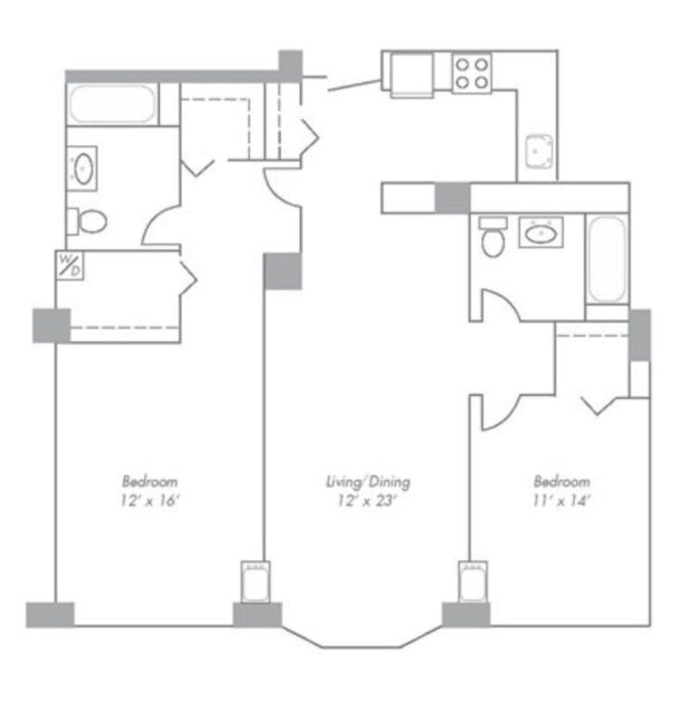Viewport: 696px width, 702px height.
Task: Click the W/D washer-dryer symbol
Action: pos(69,266)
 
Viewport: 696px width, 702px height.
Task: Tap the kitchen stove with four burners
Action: pos(471,73)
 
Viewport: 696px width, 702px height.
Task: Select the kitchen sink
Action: pos(539,152)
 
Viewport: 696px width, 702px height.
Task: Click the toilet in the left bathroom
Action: pos(87,221)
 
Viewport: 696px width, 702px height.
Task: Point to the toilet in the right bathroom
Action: pos(493,237)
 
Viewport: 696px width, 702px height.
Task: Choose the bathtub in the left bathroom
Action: pos(113,104)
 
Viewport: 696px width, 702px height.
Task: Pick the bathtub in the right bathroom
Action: pos(607,259)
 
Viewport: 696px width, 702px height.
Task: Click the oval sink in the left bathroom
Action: pos(83,168)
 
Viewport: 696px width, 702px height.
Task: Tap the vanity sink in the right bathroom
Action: pos(541,232)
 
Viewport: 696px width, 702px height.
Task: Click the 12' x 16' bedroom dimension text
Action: pos(150,501)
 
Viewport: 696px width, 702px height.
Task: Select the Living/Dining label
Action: pos(368,482)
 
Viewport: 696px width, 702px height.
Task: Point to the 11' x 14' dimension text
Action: pos(561,501)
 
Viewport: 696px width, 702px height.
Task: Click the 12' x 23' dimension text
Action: pos(368,501)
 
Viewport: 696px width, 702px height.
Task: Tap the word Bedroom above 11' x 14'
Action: pos(561,482)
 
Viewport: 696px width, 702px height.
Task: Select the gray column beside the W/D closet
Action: pos(51,326)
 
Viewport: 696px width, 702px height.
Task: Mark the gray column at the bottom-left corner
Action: pos(51,615)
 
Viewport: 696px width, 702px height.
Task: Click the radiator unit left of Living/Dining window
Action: pos(255,582)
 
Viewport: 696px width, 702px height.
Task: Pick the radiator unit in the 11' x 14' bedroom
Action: pos(473,582)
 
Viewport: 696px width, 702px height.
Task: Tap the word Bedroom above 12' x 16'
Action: pos(150,482)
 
